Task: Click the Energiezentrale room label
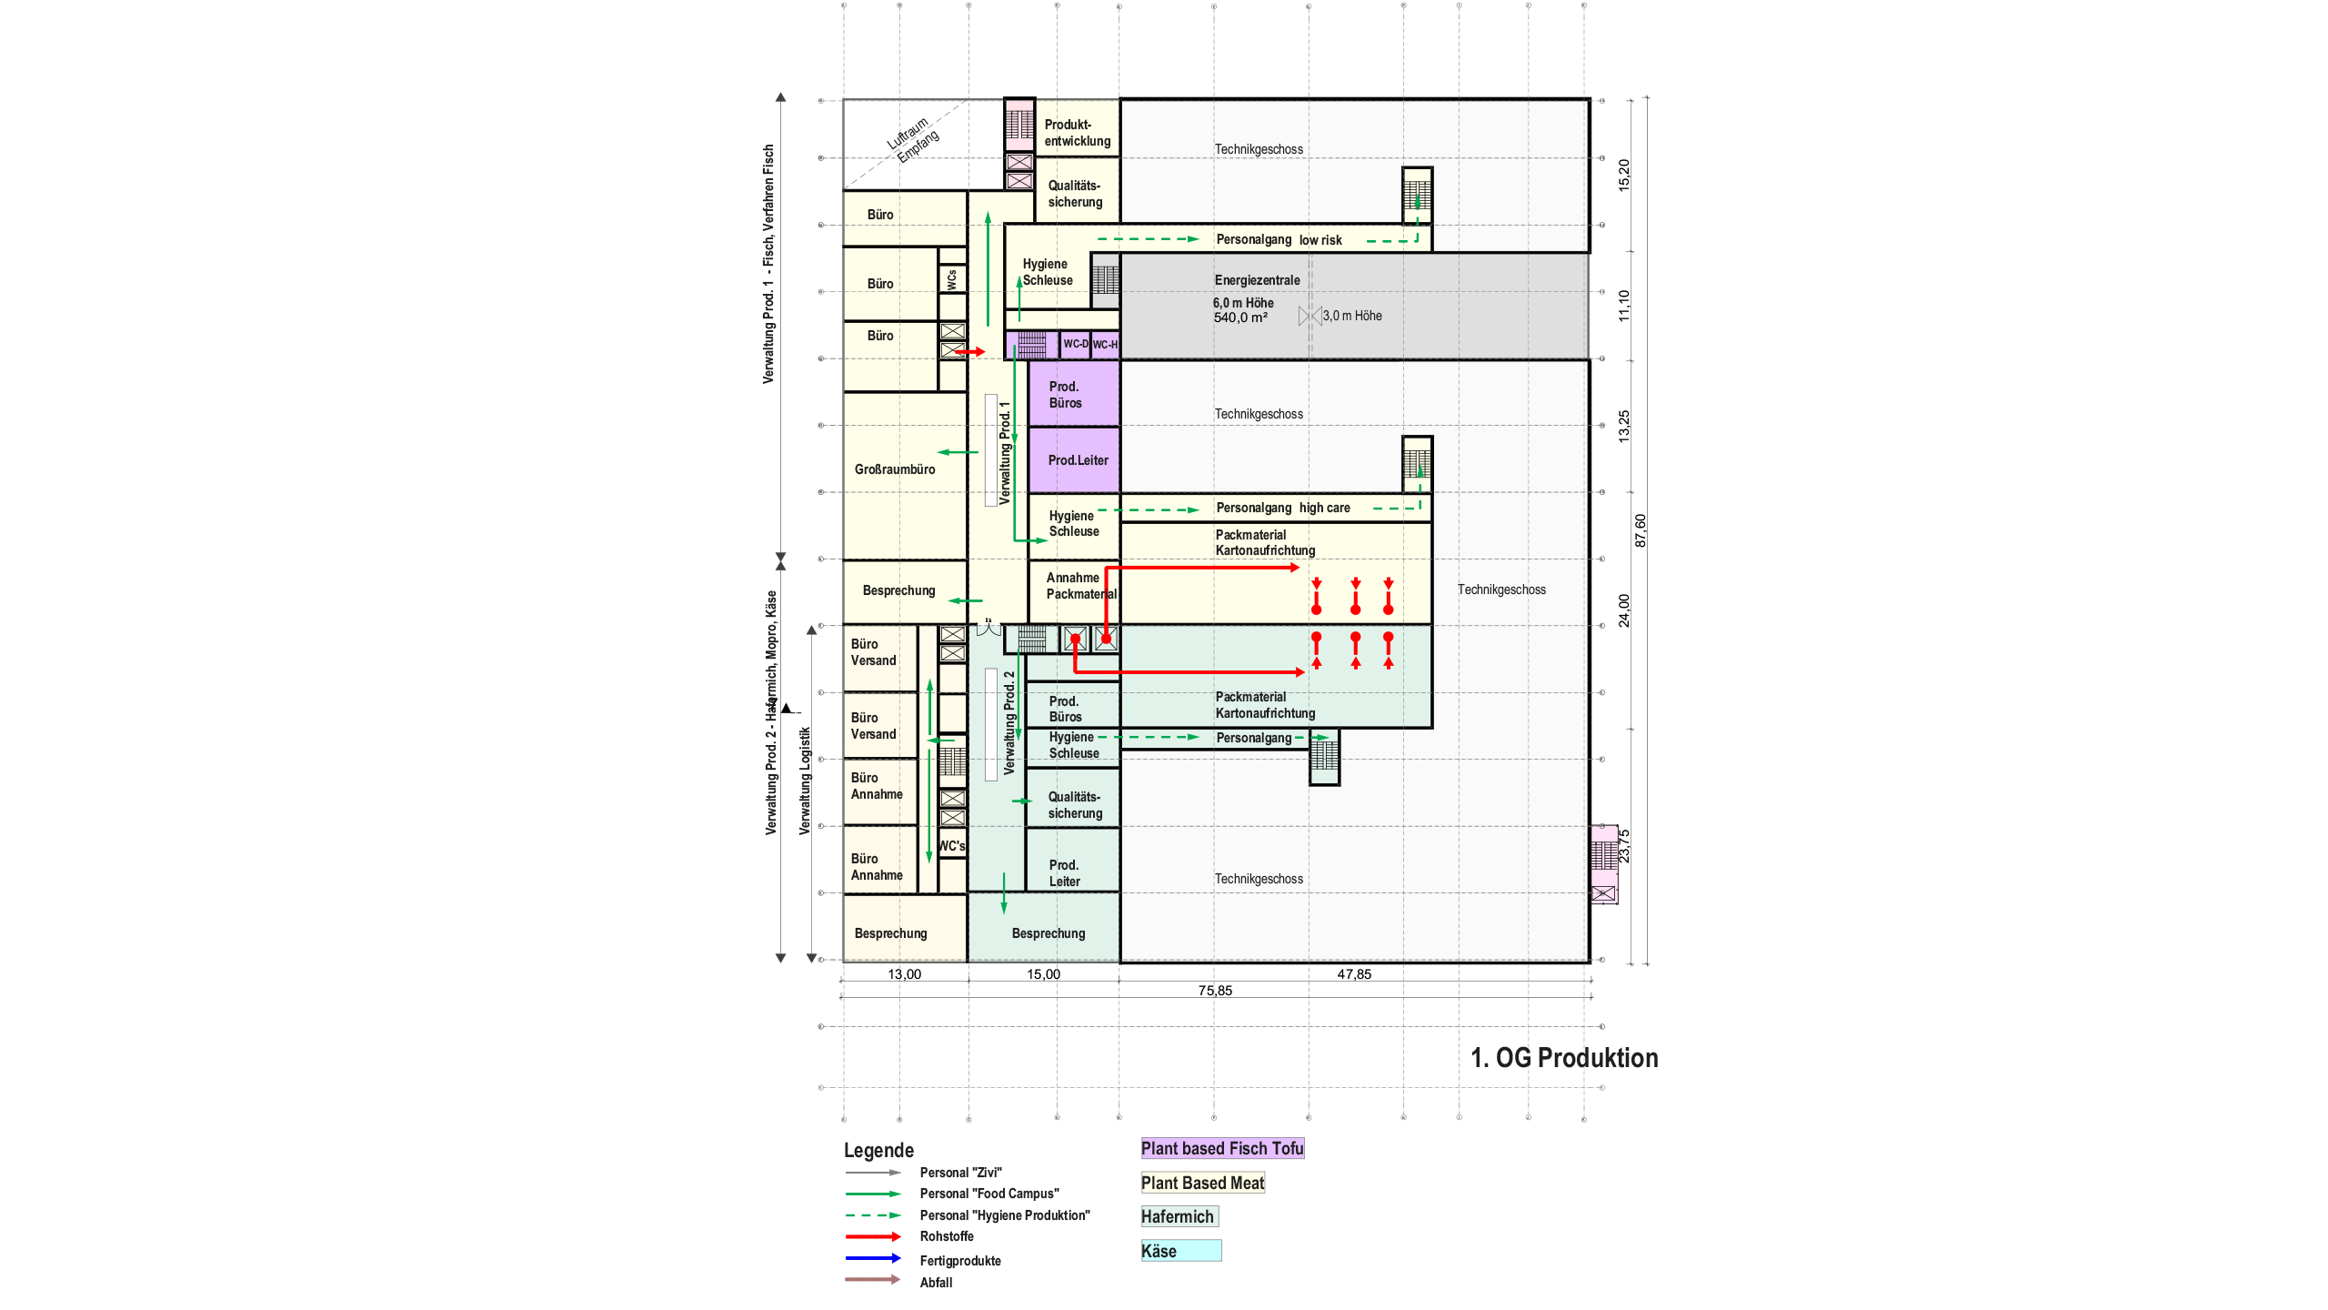click(1257, 280)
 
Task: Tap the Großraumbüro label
click(894, 469)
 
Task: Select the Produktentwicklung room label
click(1077, 133)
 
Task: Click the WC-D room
click(1075, 344)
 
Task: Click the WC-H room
click(1105, 345)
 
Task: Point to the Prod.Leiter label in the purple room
click(1078, 460)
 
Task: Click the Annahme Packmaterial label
click(1079, 586)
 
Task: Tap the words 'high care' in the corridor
click(1324, 508)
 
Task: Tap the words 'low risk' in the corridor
click(1320, 240)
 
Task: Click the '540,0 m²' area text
click(1239, 317)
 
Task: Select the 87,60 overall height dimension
click(1640, 530)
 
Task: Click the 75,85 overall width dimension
click(1215, 991)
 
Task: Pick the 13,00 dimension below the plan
click(904, 974)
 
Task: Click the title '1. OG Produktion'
click(1564, 1058)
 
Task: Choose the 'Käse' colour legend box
click(1180, 1251)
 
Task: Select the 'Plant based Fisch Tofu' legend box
click(1222, 1148)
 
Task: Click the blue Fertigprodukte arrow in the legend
click(872, 1259)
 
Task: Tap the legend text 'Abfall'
click(936, 1283)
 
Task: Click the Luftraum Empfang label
click(912, 139)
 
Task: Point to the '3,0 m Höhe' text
click(1351, 316)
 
